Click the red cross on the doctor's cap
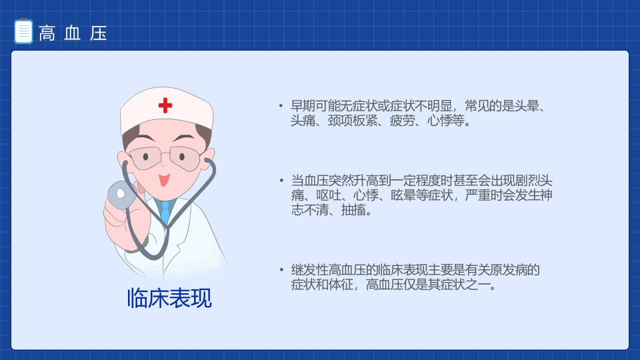[x=165, y=105]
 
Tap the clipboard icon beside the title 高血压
[x=23, y=31]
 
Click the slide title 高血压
[x=73, y=33]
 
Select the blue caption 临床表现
[x=169, y=298]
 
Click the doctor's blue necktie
[x=165, y=211]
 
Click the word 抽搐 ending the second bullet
[x=354, y=211]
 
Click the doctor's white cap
[x=167, y=110]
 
